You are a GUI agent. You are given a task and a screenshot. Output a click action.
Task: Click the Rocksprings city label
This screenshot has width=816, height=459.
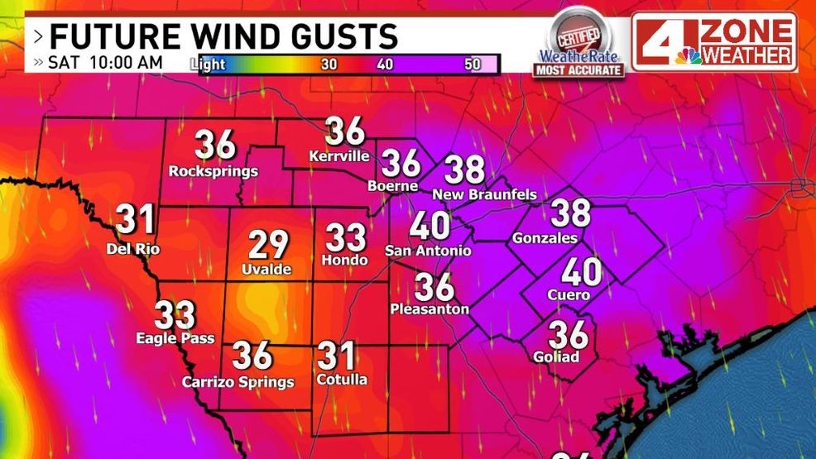click(x=214, y=172)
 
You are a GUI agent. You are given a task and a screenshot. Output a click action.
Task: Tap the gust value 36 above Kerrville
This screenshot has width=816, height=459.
click(x=344, y=131)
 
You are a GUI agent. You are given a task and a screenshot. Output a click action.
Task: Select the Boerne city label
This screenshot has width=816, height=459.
click(x=392, y=186)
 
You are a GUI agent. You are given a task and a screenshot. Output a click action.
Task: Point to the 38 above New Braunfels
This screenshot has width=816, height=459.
click(x=464, y=170)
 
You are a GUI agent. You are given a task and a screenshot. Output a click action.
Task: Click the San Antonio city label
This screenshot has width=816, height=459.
click(x=429, y=251)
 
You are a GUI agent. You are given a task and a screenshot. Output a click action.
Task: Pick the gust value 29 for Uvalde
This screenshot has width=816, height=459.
click(x=269, y=245)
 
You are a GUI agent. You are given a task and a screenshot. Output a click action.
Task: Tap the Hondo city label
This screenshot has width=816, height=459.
click(x=344, y=261)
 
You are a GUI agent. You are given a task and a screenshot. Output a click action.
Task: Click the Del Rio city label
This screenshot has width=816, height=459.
click(x=133, y=249)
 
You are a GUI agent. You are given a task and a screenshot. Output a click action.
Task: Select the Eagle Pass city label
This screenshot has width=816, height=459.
click(x=175, y=338)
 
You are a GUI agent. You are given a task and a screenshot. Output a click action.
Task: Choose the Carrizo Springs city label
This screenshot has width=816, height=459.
click(x=238, y=382)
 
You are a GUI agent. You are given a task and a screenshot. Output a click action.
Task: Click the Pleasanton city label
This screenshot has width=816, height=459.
click(x=430, y=309)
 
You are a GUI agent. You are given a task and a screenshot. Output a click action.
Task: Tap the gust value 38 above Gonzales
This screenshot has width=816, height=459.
click(x=571, y=213)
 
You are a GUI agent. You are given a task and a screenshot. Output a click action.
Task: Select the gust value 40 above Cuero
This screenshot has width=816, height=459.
click(x=581, y=271)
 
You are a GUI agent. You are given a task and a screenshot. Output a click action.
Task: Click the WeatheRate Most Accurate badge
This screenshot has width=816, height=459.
click(x=578, y=45)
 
